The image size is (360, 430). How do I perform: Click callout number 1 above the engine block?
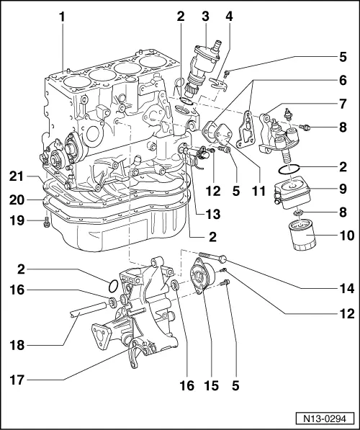point(63,14)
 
